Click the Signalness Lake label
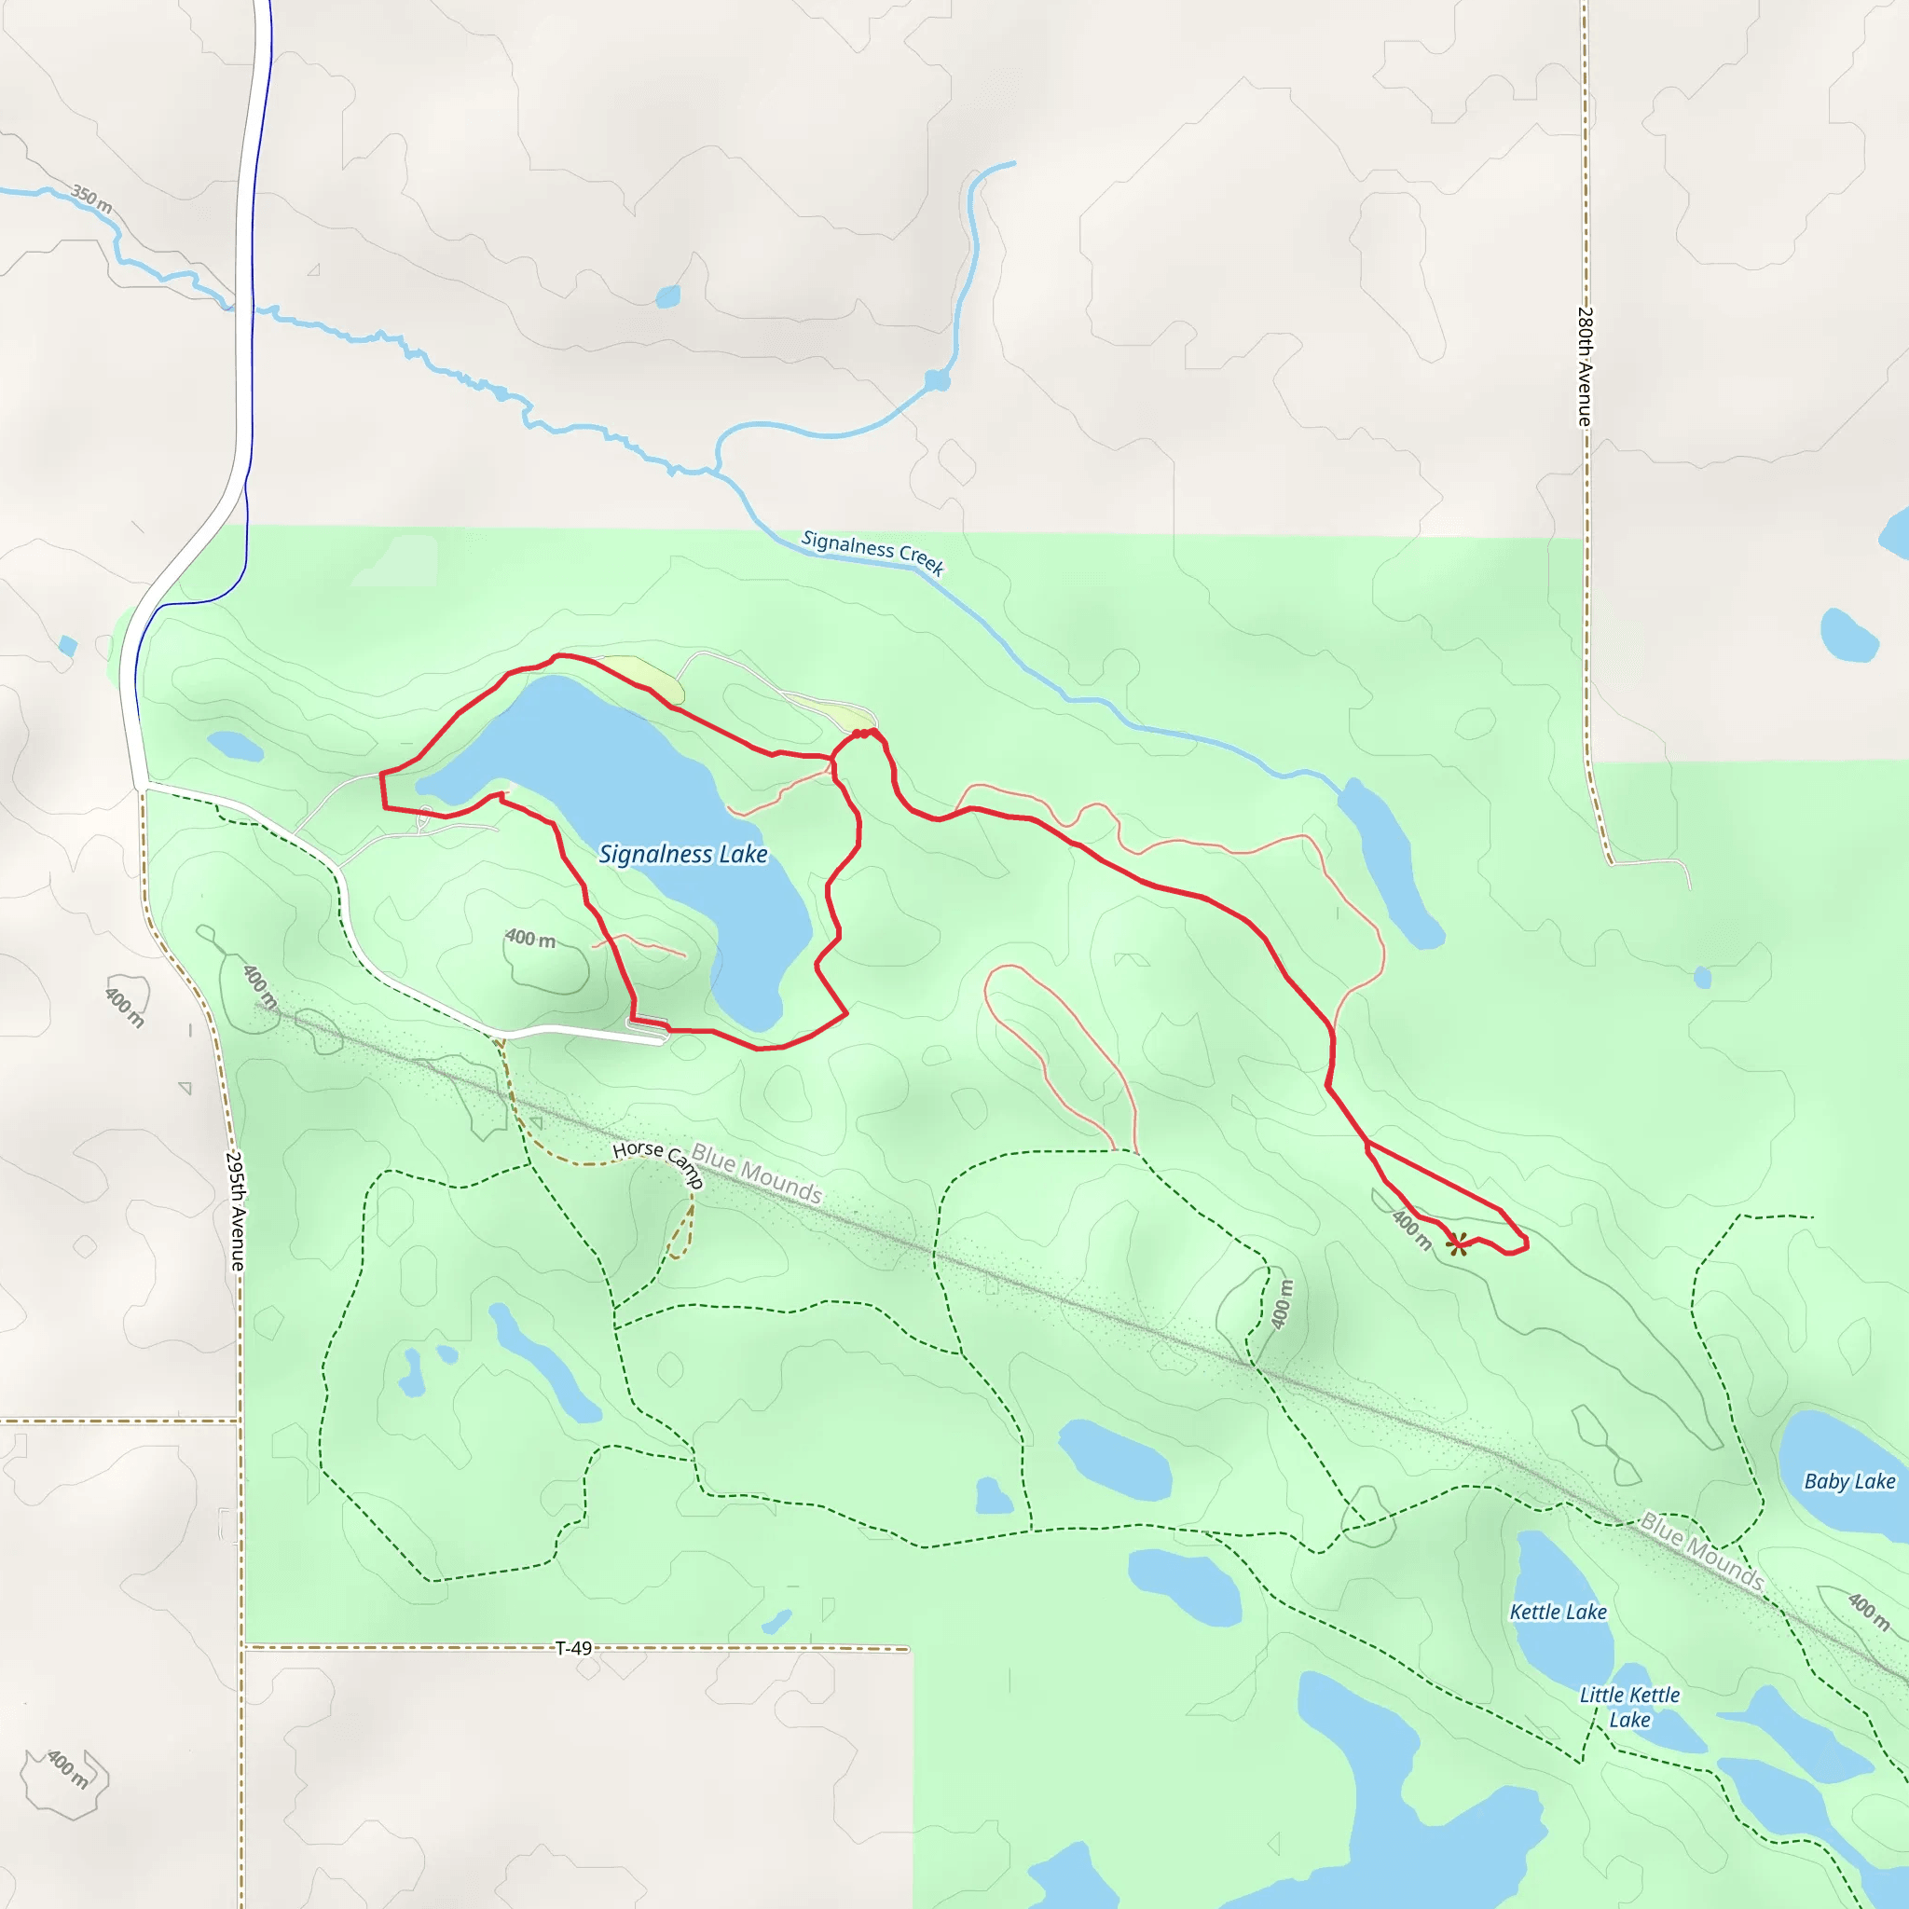(x=682, y=854)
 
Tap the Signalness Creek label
(x=872, y=553)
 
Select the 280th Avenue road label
(x=1584, y=366)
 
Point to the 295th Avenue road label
(x=236, y=1212)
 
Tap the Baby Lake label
(x=1849, y=1481)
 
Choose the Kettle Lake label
(x=1559, y=1612)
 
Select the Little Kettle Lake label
(x=1629, y=1707)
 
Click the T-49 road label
(x=573, y=1648)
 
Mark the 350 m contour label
(x=91, y=198)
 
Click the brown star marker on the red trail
(x=1457, y=1244)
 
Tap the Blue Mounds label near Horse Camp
(x=756, y=1173)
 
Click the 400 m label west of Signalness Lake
(x=529, y=938)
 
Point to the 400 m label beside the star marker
(x=1412, y=1229)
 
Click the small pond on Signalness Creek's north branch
(x=937, y=380)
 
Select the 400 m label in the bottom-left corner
(x=67, y=1768)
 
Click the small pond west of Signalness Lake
(x=235, y=745)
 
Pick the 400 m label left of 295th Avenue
(x=126, y=1007)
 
